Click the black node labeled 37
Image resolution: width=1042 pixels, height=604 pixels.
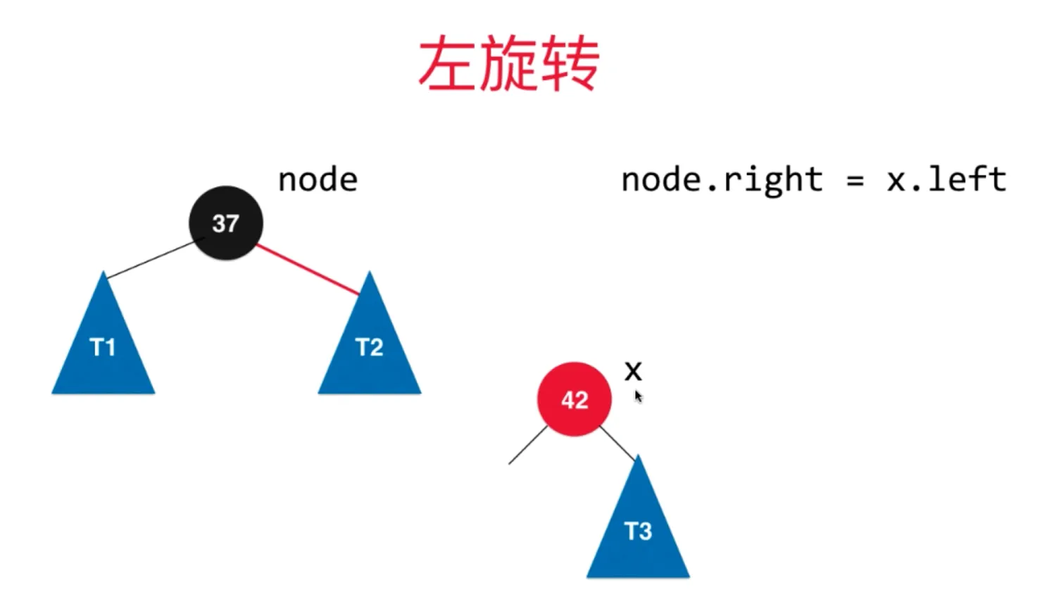(226, 223)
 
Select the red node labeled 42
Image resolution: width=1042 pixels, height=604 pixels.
(575, 399)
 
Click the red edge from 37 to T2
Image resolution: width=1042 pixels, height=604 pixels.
(308, 270)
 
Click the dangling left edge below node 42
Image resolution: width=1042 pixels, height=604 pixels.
(527, 446)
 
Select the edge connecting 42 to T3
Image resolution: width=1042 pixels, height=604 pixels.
(617, 443)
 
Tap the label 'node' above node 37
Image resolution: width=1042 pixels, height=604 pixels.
(318, 180)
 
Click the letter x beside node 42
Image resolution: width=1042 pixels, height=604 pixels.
(633, 370)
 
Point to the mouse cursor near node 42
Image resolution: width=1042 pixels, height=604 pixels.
(638, 396)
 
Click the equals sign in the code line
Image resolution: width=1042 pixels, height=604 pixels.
(855, 181)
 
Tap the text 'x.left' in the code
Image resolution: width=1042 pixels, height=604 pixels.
(946, 180)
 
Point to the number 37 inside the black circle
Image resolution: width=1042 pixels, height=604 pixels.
(226, 224)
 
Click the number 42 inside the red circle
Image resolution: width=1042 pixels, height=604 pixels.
(575, 400)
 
